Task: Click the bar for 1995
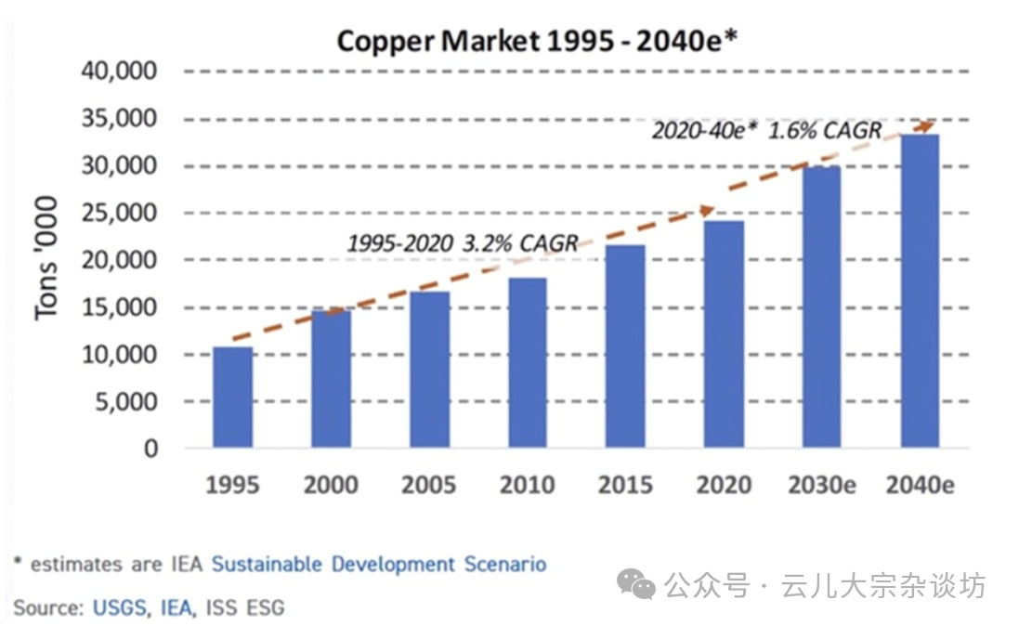tap(232, 398)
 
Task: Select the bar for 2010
tap(527, 363)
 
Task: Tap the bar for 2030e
tap(821, 307)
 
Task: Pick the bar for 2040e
tap(920, 292)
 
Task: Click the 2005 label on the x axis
tap(428, 485)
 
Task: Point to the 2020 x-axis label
tap(723, 485)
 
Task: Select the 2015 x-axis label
tap(624, 485)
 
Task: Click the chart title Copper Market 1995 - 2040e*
tap(537, 42)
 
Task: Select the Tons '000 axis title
tap(46, 259)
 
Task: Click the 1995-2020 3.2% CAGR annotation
tap(462, 244)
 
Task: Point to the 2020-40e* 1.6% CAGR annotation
tap(765, 130)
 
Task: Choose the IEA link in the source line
tap(176, 608)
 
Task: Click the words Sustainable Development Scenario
tap(379, 564)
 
